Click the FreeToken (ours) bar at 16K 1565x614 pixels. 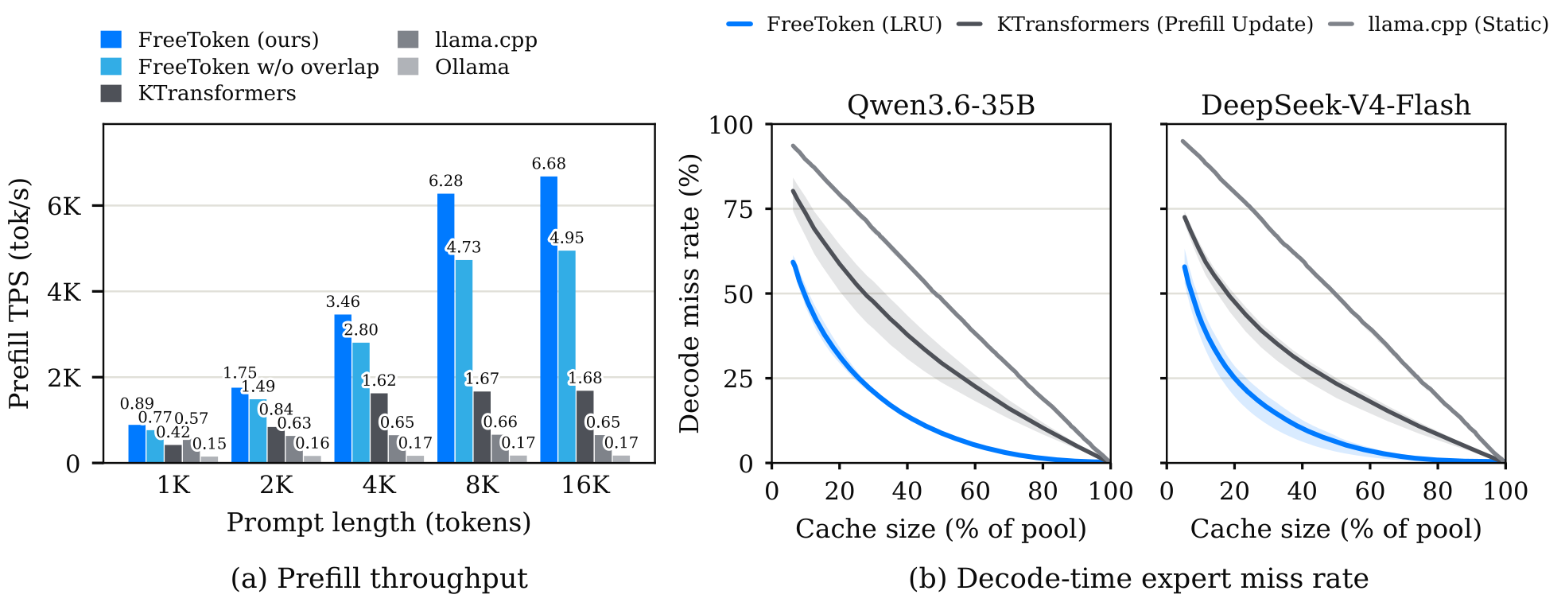point(549,320)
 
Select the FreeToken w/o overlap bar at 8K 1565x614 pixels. point(464,361)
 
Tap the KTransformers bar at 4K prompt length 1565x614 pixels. point(379,428)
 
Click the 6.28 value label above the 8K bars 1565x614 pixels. point(445,181)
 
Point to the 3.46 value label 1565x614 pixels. point(343,302)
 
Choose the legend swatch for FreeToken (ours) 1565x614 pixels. point(111,40)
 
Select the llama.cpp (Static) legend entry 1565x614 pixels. point(1439,25)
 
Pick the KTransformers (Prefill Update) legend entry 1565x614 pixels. point(1136,25)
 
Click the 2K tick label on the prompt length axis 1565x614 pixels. point(277,485)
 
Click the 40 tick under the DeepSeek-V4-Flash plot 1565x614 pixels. point(1302,492)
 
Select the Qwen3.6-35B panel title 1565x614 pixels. point(941,105)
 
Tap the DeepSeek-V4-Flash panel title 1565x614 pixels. point(1336,105)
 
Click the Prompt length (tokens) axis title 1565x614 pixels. point(379,523)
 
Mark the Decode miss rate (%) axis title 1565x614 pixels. point(689,293)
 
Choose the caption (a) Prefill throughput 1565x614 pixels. point(379,578)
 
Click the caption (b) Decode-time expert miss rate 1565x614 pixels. point(1139,578)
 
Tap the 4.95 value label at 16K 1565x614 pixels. point(566,238)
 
